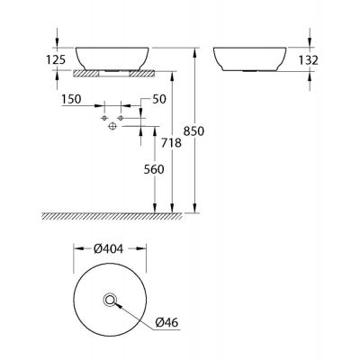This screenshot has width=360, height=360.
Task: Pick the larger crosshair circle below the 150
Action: (x=112, y=128)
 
